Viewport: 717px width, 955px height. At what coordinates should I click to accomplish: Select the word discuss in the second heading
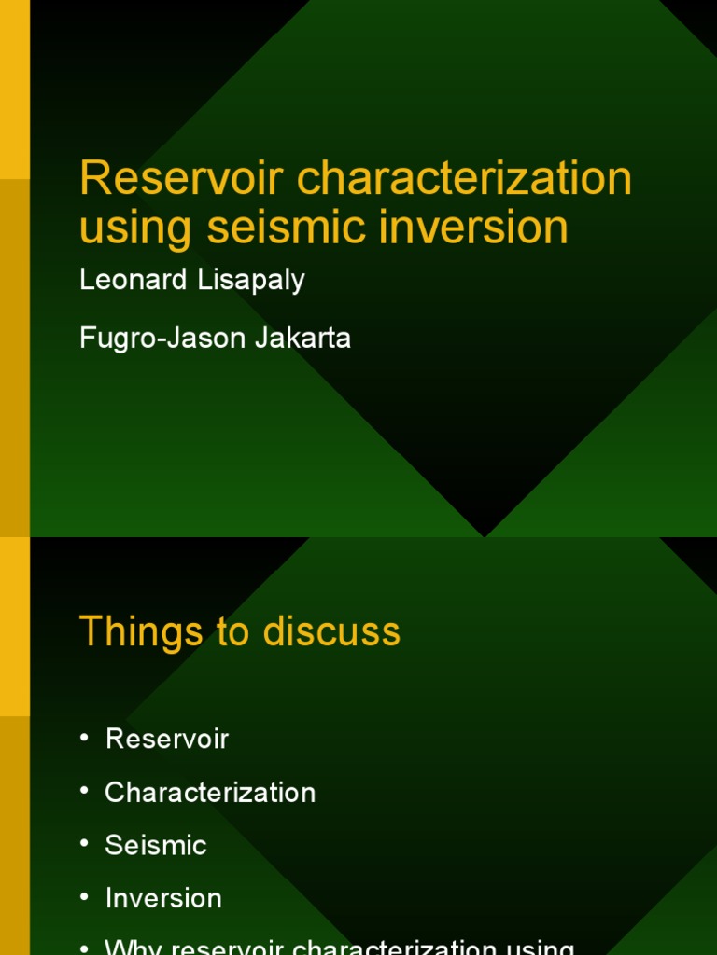pyautogui.click(x=331, y=630)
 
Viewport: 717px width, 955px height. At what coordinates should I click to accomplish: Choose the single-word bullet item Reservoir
pyautogui.click(x=167, y=739)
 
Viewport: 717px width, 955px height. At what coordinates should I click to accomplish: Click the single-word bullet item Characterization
pyautogui.click(x=210, y=792)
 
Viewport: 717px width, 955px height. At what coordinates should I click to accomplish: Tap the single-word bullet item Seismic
pyautogui.click(x=156, y=845)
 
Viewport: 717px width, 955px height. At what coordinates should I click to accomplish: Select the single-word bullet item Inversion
pyautogui.click(x=163, y=898)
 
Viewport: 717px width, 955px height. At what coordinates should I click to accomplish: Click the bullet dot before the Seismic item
pyautogui.click(x=85, y=845)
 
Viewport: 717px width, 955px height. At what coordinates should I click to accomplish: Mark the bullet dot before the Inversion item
pyautogui.click(x=85, y=898)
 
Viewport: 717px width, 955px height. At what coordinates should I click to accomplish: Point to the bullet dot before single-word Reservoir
pyautogui.click(x=85, y=739)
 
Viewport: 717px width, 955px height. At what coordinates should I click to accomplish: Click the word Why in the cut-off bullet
pyautogui.click(x=133, y=947)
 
